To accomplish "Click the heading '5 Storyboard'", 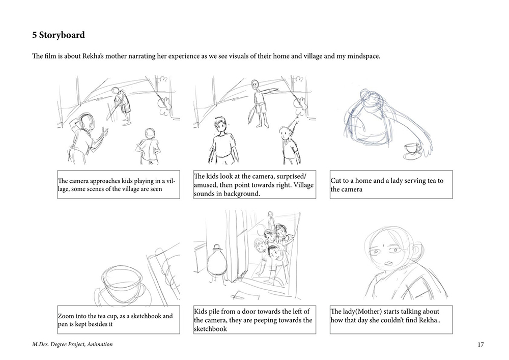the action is [x=59, y=35].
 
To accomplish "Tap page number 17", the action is [x=481, y=344].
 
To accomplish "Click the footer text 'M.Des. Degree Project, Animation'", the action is [x=72, y=344].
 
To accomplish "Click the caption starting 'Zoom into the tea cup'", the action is [x=115, y=320].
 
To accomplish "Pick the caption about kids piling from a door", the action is [x=253, y=320].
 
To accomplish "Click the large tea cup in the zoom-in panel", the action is [x=123, y=283].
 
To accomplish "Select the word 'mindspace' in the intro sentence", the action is [x=363, y=57].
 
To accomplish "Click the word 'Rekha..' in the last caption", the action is [x=430, y=320].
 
